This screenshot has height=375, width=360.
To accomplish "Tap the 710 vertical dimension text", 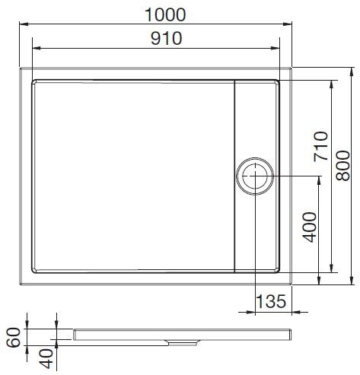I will tap(319, 147).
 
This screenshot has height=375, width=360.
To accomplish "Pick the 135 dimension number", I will tap(270, 302).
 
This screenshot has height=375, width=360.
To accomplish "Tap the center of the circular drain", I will tap(253, 177).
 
